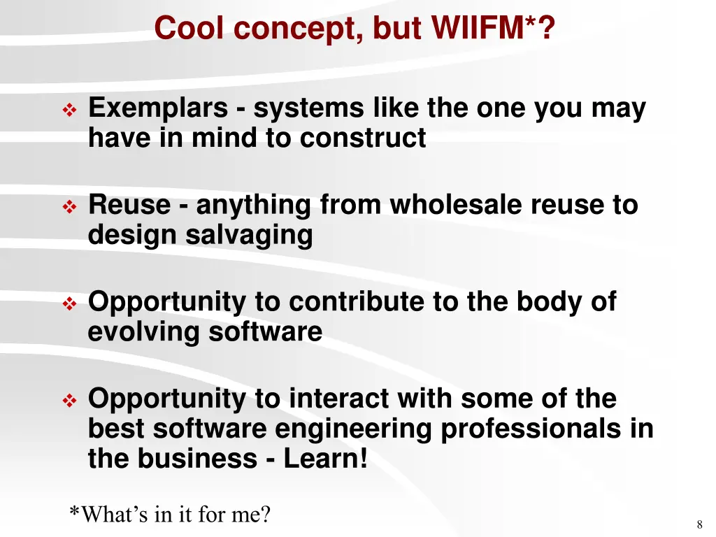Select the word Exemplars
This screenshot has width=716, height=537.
pos(158,109)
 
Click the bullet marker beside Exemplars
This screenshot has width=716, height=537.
pos(70,110)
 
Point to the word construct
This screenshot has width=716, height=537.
pos(363,138)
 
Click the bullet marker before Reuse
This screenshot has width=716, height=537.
pos(70,207)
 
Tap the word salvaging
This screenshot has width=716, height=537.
pos(249,236)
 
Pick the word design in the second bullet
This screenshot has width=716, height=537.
pos(133,236)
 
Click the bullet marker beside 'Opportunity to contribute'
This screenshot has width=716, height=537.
pos(70,303)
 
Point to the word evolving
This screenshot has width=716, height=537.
pos(144,331)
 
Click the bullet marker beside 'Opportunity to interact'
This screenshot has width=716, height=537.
pos(70,401)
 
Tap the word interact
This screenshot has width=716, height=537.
pos(339,399)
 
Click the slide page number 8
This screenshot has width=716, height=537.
pos(699,525)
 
